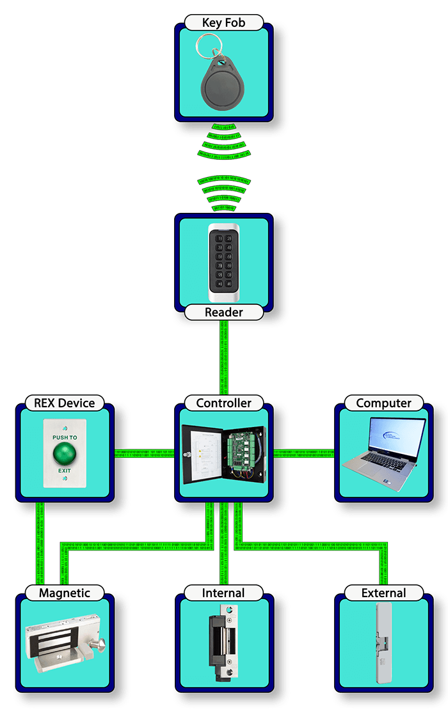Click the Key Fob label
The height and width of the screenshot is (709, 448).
tap(223, 23)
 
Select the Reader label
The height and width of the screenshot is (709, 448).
tap(223, 313)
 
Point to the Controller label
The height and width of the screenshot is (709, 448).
tap(223, 403)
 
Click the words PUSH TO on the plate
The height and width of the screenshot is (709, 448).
tap(64, 437)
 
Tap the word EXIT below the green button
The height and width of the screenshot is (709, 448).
tap(64, 470)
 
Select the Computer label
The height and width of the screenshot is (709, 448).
tap(383, 403)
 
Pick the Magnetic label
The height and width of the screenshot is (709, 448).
tap(64, 593)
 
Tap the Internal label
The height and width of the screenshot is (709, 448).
tap(223, 593)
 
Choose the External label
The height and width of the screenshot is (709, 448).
tap(383, 593)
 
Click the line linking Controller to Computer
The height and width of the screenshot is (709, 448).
tap(303, 453)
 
